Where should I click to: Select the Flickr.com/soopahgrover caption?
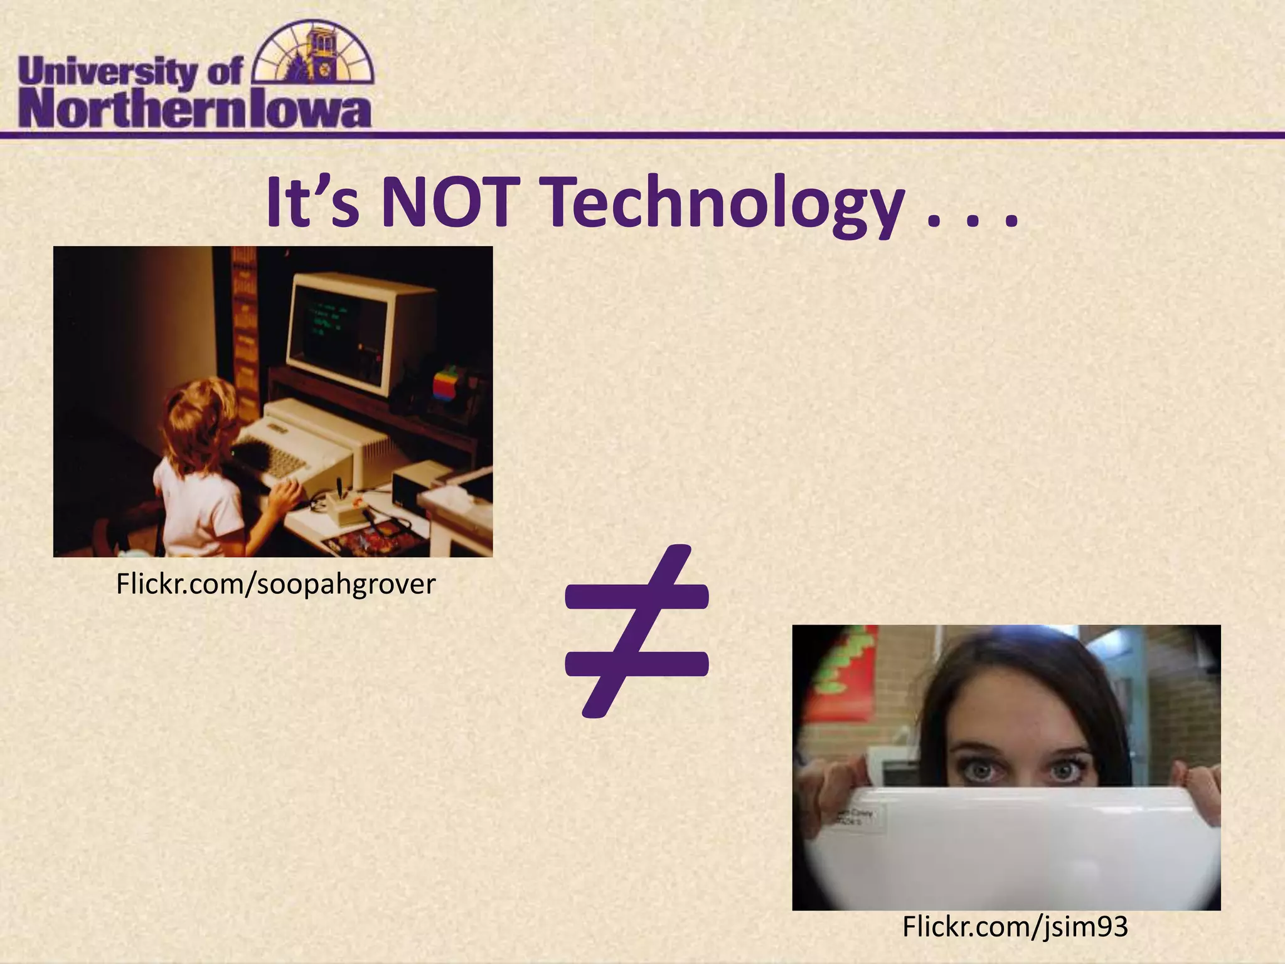(x=276, y=584)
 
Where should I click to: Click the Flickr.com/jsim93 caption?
(x=1015, y=926)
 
